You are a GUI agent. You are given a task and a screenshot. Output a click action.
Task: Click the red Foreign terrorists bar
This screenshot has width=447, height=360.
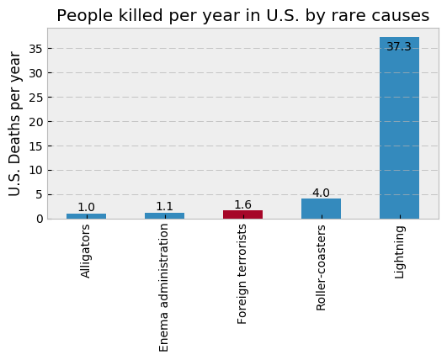(243, 214)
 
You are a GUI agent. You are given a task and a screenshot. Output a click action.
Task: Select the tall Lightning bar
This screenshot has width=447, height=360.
(399, 128)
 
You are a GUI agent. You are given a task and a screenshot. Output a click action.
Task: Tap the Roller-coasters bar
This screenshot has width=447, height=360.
(322, 209)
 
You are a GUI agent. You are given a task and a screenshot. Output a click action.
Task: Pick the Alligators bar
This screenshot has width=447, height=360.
(87, 216)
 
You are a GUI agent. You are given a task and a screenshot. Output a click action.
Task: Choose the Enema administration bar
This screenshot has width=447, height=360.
(164, 216)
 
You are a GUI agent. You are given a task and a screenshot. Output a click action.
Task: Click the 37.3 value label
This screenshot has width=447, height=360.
(399, 46)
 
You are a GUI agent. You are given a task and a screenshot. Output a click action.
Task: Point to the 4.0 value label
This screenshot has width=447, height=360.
(321, 193)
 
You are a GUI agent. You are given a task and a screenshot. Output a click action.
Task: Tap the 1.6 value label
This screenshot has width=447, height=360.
(243, 204)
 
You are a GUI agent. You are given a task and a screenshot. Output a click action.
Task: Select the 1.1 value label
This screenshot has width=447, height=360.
(164, 206)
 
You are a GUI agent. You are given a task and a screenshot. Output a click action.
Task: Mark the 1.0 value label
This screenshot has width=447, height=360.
(86, 208)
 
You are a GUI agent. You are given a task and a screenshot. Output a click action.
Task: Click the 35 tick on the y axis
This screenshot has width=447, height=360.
(36, 49)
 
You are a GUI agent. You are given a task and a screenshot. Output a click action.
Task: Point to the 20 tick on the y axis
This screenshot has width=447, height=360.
(36, 122)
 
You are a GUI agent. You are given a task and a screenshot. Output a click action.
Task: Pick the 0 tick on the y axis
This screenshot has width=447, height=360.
(40, 220)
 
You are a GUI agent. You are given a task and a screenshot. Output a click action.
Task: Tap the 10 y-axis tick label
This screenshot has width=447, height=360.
(36, 171)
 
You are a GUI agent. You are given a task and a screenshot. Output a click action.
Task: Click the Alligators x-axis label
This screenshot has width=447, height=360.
(85, 251)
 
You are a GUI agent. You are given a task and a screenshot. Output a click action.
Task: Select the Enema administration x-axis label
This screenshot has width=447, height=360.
(163, 288)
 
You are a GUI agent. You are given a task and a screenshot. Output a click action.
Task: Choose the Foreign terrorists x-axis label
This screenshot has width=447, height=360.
(242, 274)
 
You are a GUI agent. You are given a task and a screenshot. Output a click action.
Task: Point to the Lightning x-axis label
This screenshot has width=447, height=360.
(399, 252)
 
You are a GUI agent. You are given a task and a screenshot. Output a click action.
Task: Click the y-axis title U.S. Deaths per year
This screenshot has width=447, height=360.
(14, 124)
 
